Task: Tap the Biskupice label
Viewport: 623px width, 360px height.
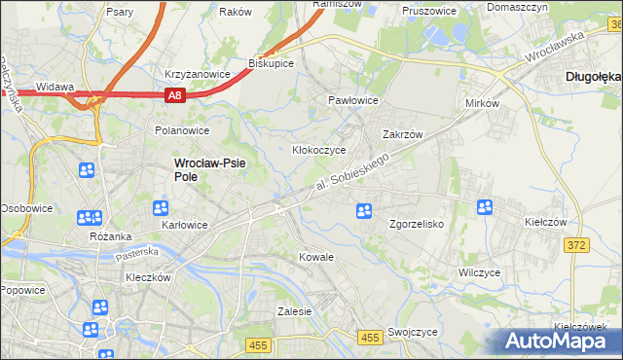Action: pyautogui.click(x=272, y=62)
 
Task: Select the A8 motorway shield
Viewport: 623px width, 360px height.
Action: pyautogui.click(x=174, y=95)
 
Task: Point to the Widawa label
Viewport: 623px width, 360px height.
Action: pyautogui.click(x=55, y=87)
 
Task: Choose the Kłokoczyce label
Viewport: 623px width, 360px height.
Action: pyautogui.click(x=320, y=151)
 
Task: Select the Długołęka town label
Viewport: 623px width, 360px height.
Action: pyautogui.click(x=593, y=75)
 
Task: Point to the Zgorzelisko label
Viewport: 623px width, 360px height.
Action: pyautogui.click(x=417, y=224)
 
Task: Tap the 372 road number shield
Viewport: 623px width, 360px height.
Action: pyautogui.click(x=576, y=245)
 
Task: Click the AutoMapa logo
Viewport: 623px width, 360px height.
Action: pyautogui.click(x=561, y=341)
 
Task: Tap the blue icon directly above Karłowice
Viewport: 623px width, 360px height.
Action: pyautogui.click(x=162, y=208)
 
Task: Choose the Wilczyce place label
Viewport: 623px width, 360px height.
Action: pyautogui.click(x=479, y=273)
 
